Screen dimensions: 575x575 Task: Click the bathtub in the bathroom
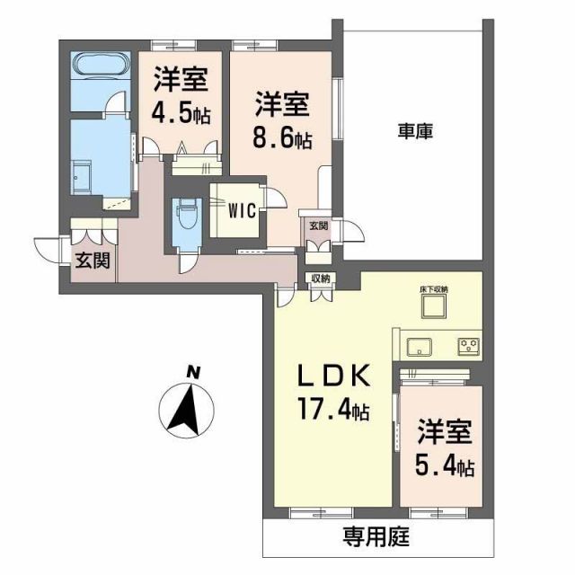click(101, 67)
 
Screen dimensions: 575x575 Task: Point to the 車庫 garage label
click(414, 132)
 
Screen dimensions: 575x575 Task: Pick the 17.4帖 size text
click(333, 411)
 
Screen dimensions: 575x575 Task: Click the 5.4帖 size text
click(445, 467)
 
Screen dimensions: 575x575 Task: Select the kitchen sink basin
click(420, 345)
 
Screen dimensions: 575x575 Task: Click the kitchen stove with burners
click(467, 345)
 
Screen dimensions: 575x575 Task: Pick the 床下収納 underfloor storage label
click(438, 289)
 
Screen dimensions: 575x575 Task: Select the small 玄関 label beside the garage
click(318, 226)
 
